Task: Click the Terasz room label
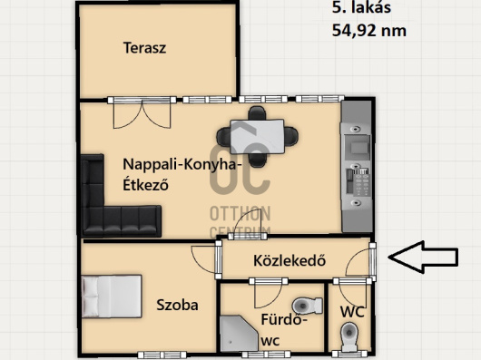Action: pyautogui.click(x=144, y=48)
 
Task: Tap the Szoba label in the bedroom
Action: pyautogui.click(x=177, y=305)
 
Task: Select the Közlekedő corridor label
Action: pyautogui.click(x=290, y=261)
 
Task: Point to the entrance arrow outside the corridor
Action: pyautogui.click(x=423, y=257)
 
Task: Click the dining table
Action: pyautogui.click(x=257, y=137)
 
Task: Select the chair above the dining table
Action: pyautogui.click(x=257, y=113)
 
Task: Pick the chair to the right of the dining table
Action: pyautogui.click(x=290, y=136)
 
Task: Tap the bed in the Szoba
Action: pyautogui.click(x=112, y=296)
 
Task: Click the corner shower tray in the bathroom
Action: pyautogui.click(x=239, y=334)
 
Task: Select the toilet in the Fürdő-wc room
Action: pyautogui.click(x=307, y=306)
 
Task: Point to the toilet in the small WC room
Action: pyautogui.click(x=349, y=336)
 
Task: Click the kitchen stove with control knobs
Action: pyautogui.click(x=357, y=181)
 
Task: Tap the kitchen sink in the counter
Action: pyautogui.click(x=357, y=148)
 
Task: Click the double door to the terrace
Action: pyautogui.click(x=142, y=112)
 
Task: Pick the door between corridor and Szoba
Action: pyautogui.click(x=205, y=259)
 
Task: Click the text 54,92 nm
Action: pyautogui.click(x=369, y=31)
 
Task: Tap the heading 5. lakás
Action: pyautogui.click(x=361, y=7)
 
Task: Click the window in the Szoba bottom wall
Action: pyautogui.click(x=162, y=355)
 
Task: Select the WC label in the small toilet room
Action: pyautogui.click(x=352, y=312)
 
